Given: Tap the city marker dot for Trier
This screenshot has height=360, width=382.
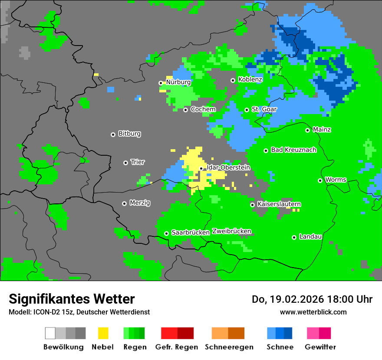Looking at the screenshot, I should [x=125, y=163].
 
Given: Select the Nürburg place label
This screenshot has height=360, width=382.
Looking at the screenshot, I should [x=178, y=82].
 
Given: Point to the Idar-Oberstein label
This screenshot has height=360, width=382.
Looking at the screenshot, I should [x=228, y=167].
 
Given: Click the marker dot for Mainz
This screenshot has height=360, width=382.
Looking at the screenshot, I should [x=307, y=130].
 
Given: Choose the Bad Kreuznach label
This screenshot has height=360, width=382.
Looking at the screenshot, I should [x=293, y=150].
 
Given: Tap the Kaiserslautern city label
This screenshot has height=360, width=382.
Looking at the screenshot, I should [x=279, y=204].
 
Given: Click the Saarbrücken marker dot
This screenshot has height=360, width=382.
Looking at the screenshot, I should [x=166, y=233].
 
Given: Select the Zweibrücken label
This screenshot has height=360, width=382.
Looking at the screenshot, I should [x=231, y=231].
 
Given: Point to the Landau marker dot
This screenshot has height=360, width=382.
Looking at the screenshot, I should [x=294, y=237].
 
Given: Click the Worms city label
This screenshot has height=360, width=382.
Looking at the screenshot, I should [x=335, y=180].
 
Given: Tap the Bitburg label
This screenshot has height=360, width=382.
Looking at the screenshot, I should [x=129, y=134].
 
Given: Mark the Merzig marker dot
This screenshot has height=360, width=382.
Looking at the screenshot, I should [x=124, y=203].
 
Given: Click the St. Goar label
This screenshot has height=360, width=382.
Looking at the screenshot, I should [x=264, y=109].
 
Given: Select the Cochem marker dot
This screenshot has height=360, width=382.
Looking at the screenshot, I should [x=185, y=110].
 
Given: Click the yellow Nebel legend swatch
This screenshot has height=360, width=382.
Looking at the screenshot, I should [x=103, y=333].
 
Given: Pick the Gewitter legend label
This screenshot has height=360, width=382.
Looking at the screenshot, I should [x=320, y=347].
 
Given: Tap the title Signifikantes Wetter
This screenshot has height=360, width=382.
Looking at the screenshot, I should [x=72, y=299].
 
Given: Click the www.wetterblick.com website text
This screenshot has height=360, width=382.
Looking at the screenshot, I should [x=313, y=312].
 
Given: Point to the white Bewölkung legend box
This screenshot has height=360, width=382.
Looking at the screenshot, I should [x=50, y=333].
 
